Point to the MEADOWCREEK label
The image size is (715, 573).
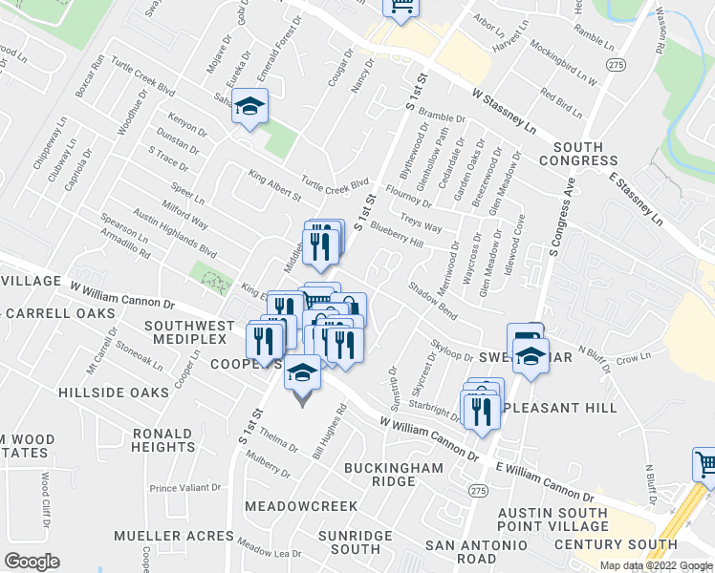coord(301,505)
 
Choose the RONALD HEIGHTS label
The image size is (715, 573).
coord(163,439)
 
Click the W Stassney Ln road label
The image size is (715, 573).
coord(504,111)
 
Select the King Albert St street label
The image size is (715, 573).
coord(274,184)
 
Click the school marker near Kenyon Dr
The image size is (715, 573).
coord(249,106)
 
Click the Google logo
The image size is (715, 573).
coord(32,562)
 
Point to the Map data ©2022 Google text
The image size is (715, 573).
coord(655,565)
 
